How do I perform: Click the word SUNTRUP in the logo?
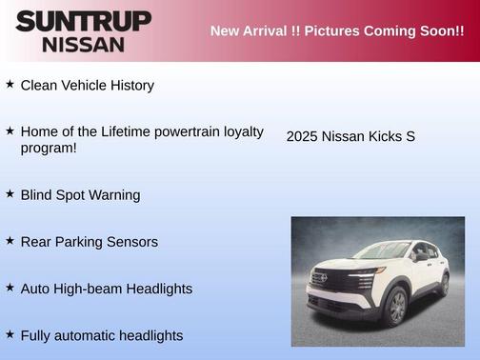point(83,21)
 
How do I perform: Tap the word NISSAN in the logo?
point(83,44)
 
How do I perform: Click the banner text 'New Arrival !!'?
point(254,31)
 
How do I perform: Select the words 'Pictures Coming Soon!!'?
point(384,31)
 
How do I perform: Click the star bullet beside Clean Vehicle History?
point(10,85)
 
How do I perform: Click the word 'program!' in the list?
point(49,148)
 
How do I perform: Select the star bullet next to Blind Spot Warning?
point(10,194)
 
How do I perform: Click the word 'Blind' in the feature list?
point(38,195)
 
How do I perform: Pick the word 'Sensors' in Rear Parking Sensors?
point(132,242)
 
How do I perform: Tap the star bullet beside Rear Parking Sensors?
point(10,241)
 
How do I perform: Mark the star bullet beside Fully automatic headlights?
point(10,334)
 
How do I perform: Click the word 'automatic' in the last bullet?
point(90,335)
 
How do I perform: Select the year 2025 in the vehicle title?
point(302,136)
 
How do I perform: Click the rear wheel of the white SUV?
point(444,284)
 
